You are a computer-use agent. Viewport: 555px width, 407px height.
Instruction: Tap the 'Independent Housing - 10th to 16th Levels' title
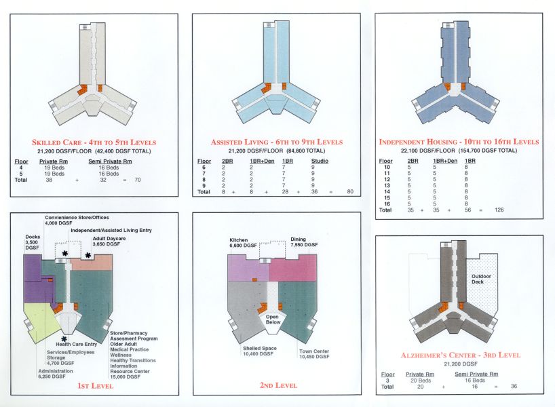click(x=459, y=142)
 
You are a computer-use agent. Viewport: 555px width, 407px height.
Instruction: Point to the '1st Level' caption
click(x=94, y=385)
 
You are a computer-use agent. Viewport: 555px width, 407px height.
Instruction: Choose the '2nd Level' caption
click(x=278, y=385)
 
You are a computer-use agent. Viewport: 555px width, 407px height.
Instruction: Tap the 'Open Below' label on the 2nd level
click(x=273, y=319)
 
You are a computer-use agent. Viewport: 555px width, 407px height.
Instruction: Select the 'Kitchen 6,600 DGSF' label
click(x=242, y=243)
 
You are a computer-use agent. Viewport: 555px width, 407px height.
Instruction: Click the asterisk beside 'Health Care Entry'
click(x=64, y=338)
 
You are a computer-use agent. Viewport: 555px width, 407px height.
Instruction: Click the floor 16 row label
click(x=387, y=203)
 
